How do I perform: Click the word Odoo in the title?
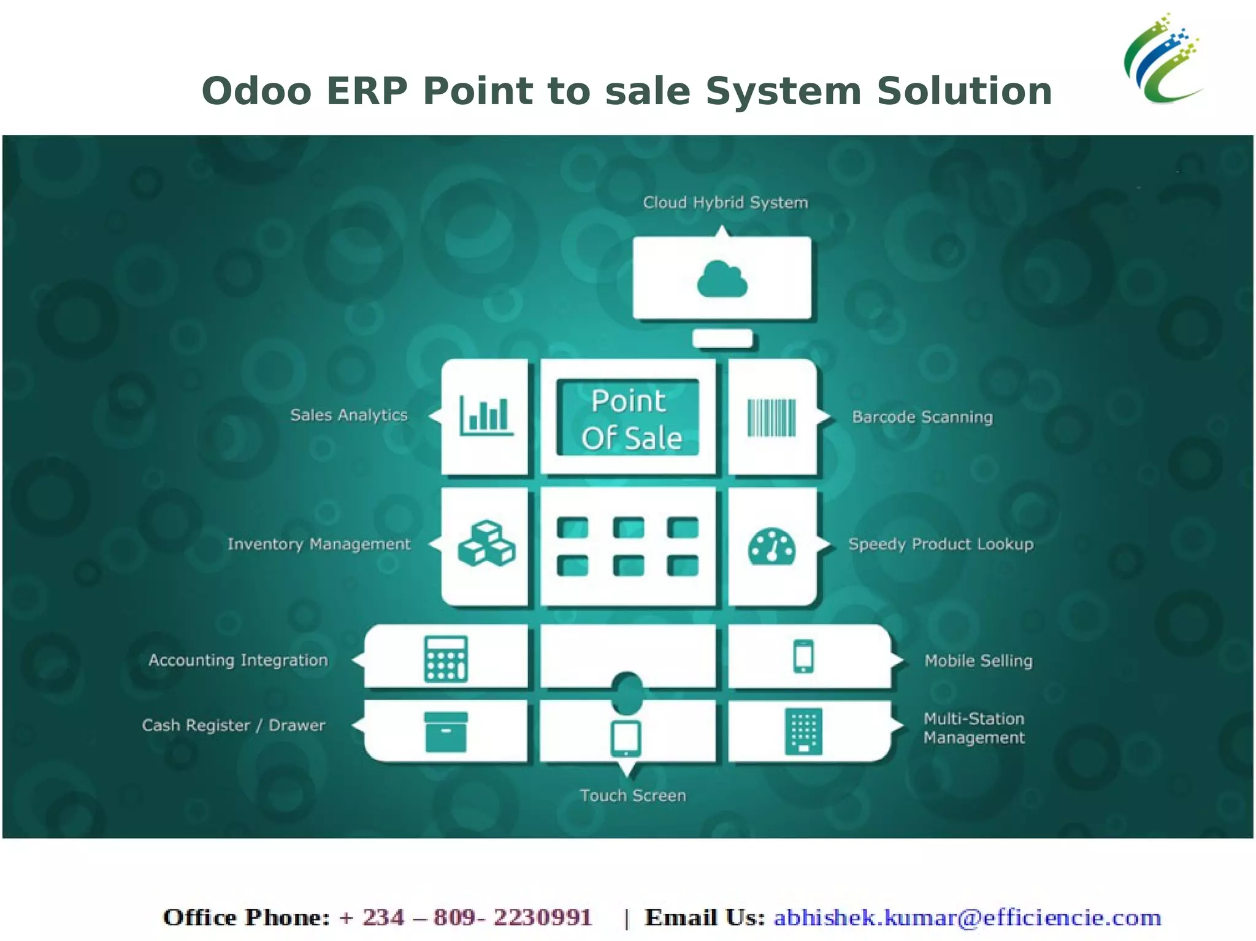[256, 91]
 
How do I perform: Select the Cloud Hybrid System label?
[725, 202]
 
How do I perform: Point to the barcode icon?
[772, 417]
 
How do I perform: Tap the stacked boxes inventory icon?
[486, 544]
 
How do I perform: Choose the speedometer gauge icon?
[772, 546]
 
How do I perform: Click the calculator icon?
[446, 659]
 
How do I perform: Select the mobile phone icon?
[803, 657]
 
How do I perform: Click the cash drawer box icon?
[446, 731]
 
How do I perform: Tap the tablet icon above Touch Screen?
[626, 737]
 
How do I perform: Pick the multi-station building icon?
[803, 731]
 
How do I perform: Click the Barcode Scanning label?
[922, 417]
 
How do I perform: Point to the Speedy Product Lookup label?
[940, 544]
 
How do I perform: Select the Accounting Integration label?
[238, 660]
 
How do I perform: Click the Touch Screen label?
[633, 796]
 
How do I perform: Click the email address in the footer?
[967, 918]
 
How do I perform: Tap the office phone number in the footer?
[466, 918]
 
